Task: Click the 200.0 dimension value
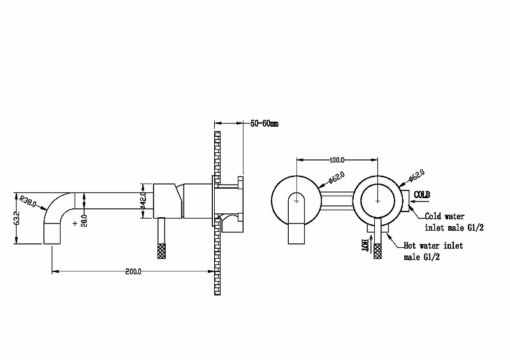pyautogui.click(x=133, y=271)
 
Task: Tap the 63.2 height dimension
pyautogui.click(x=17, y=218)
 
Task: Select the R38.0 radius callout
pyautogui.click(x=27, y=201)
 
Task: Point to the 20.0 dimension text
pyautogui.click(x=84, y=220)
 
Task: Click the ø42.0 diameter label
pyautogui.click(x=143, y=201)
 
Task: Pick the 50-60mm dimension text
pyautogui.click(x=265, y=124)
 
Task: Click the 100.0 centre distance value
pyautogui.click(x=337, y=160)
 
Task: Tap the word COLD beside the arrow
pyautogui.click(x=422, y=195)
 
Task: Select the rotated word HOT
pyautogui.click(x=365, y=245)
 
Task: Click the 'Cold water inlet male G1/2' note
pyautogui.click(x=454, y=222)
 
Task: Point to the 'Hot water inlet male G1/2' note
pyautogui.click(x=433, y=251)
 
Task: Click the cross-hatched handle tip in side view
pyautogui.click(x=161, y=250)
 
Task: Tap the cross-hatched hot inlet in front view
pyautogui.click(x=377, y=251)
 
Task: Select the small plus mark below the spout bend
pyautogui.click(x=75, y=224)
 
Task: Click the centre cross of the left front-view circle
pyautogui.click(x=296, y=201)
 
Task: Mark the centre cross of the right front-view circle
pyautogui.click(x=377, y=201)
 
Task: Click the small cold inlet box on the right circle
pyautogui.click(x=405, y=201)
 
